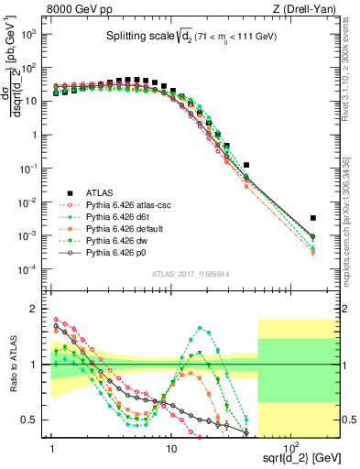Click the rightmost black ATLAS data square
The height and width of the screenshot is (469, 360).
click(x=313, y=218)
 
